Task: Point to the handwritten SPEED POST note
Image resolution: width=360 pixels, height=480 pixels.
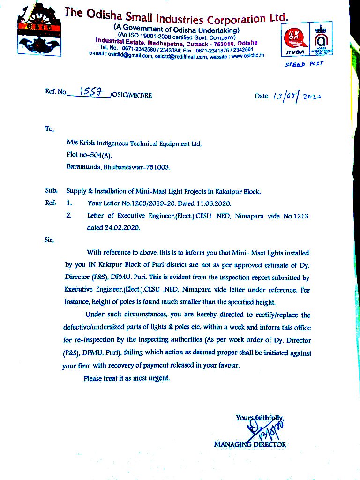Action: click(304, 63)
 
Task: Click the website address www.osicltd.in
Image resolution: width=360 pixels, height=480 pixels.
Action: click(247, 55)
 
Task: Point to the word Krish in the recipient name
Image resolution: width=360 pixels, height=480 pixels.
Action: click(88, 144)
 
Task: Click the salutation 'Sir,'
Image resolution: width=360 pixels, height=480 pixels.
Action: click(49, 240)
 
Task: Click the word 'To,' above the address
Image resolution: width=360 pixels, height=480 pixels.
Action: click(50, 128)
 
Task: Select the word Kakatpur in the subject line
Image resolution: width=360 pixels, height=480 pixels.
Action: click(229, 191)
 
